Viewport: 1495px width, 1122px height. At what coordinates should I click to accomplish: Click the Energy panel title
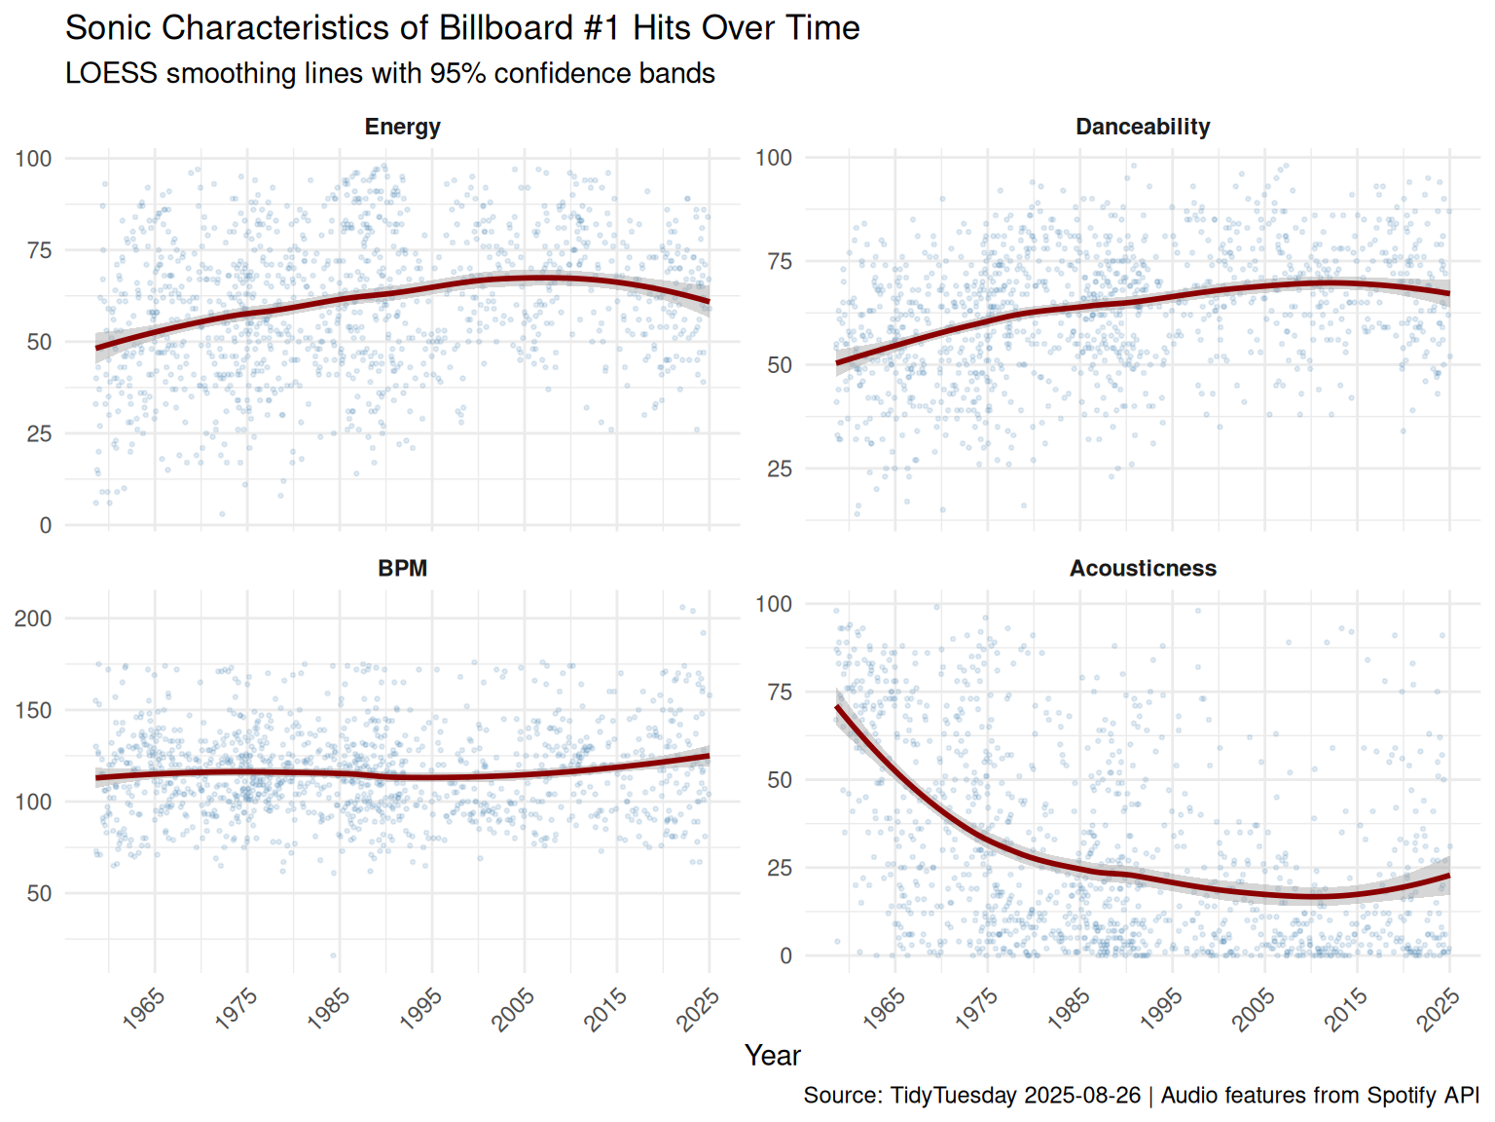(402, 127)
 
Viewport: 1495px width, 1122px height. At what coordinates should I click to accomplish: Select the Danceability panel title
(1142, 127)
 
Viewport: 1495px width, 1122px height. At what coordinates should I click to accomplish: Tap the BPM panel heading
(402, 568)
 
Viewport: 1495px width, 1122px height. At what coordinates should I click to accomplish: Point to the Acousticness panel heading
(1142, 568)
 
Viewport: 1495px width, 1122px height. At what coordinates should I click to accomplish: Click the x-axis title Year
(772, 1055)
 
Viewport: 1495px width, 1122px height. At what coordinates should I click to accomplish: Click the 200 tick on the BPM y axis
(33, 618)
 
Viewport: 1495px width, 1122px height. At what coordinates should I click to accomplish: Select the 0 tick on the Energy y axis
(45, 525)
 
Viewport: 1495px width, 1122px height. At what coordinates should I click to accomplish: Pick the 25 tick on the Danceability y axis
(779, 469)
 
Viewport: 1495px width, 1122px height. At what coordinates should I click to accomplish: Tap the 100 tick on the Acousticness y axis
(774, 604)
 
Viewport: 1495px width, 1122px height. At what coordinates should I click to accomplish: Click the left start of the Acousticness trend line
(838, 707)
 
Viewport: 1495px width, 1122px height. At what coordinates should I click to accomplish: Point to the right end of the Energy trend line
(709, 301)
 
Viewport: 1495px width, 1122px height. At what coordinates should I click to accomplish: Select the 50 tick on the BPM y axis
(39, 893)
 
